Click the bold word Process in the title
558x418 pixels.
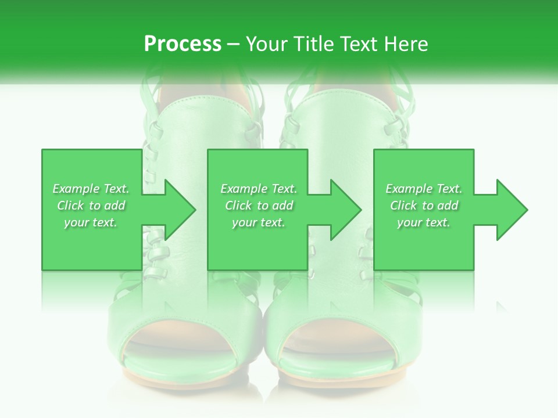click(183, 44)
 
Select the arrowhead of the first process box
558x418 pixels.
click(177, 210)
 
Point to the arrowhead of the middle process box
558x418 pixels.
click(344, 210)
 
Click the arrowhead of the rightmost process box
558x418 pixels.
click(509, 210)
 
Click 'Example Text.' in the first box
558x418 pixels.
click(91, 189)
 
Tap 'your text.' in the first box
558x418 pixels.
click(91, 222)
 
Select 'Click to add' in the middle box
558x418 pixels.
click(259, 206)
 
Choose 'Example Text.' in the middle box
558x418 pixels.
click(259, 189)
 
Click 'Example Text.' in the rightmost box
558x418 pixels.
click(424, 189)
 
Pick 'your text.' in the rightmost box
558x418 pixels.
click(424, 222)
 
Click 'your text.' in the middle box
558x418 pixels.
click(259, 222)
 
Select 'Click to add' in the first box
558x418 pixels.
click(91, 206)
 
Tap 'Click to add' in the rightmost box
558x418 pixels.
click(424, 206)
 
